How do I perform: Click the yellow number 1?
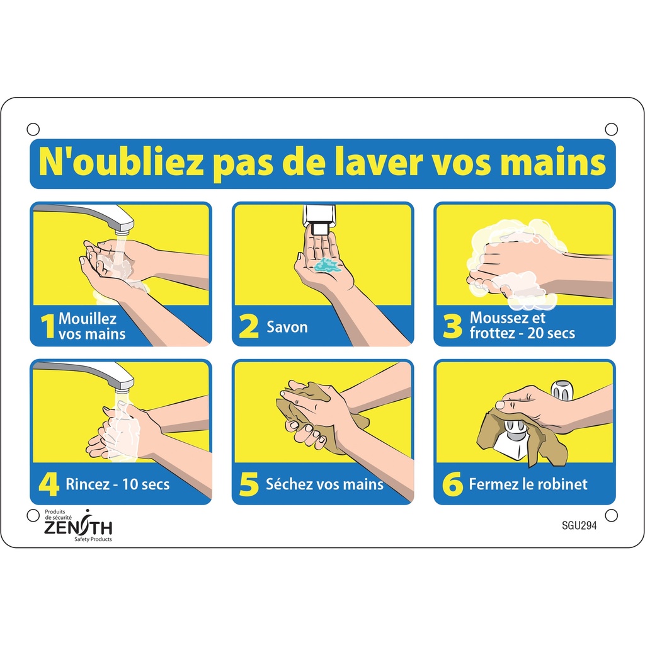[48, 327]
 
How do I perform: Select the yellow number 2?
[249, 328]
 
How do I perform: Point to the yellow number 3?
[452, 328]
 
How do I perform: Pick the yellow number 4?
[49, 484]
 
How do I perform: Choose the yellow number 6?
[452, 484]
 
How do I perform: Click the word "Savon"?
[287, 328]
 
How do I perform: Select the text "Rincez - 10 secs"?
[117, 485]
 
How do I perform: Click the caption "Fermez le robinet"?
[528, 484]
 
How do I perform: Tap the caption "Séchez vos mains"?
[324, 484]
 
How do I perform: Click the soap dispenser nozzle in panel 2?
[320, 229]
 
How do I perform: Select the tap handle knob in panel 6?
[562, 391]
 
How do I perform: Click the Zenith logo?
[78, 525]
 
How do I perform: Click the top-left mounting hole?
[33, 129]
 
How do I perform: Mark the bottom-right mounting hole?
[611, 515]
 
